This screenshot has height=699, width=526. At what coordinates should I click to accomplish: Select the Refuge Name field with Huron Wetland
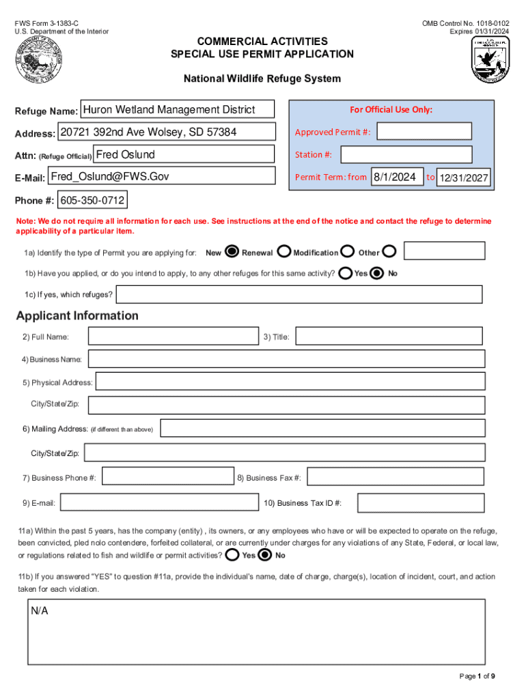178,109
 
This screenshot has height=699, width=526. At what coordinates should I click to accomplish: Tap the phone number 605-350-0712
92,201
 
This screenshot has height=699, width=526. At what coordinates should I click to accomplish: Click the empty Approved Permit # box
424,132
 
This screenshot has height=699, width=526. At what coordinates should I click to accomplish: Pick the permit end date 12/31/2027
464,178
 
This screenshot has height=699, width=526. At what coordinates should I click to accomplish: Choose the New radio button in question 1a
232,252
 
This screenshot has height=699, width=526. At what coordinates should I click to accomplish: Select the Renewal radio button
283,252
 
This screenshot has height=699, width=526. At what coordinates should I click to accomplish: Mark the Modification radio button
347,252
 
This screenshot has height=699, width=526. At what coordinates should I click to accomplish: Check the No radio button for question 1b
377,273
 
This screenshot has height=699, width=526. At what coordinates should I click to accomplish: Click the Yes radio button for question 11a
232,554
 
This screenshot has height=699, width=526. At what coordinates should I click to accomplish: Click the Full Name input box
174,336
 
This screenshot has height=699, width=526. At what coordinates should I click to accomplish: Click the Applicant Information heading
77,315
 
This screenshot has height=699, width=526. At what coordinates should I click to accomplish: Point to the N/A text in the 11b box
39,611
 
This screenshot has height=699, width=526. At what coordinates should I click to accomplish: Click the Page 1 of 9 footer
477,676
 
